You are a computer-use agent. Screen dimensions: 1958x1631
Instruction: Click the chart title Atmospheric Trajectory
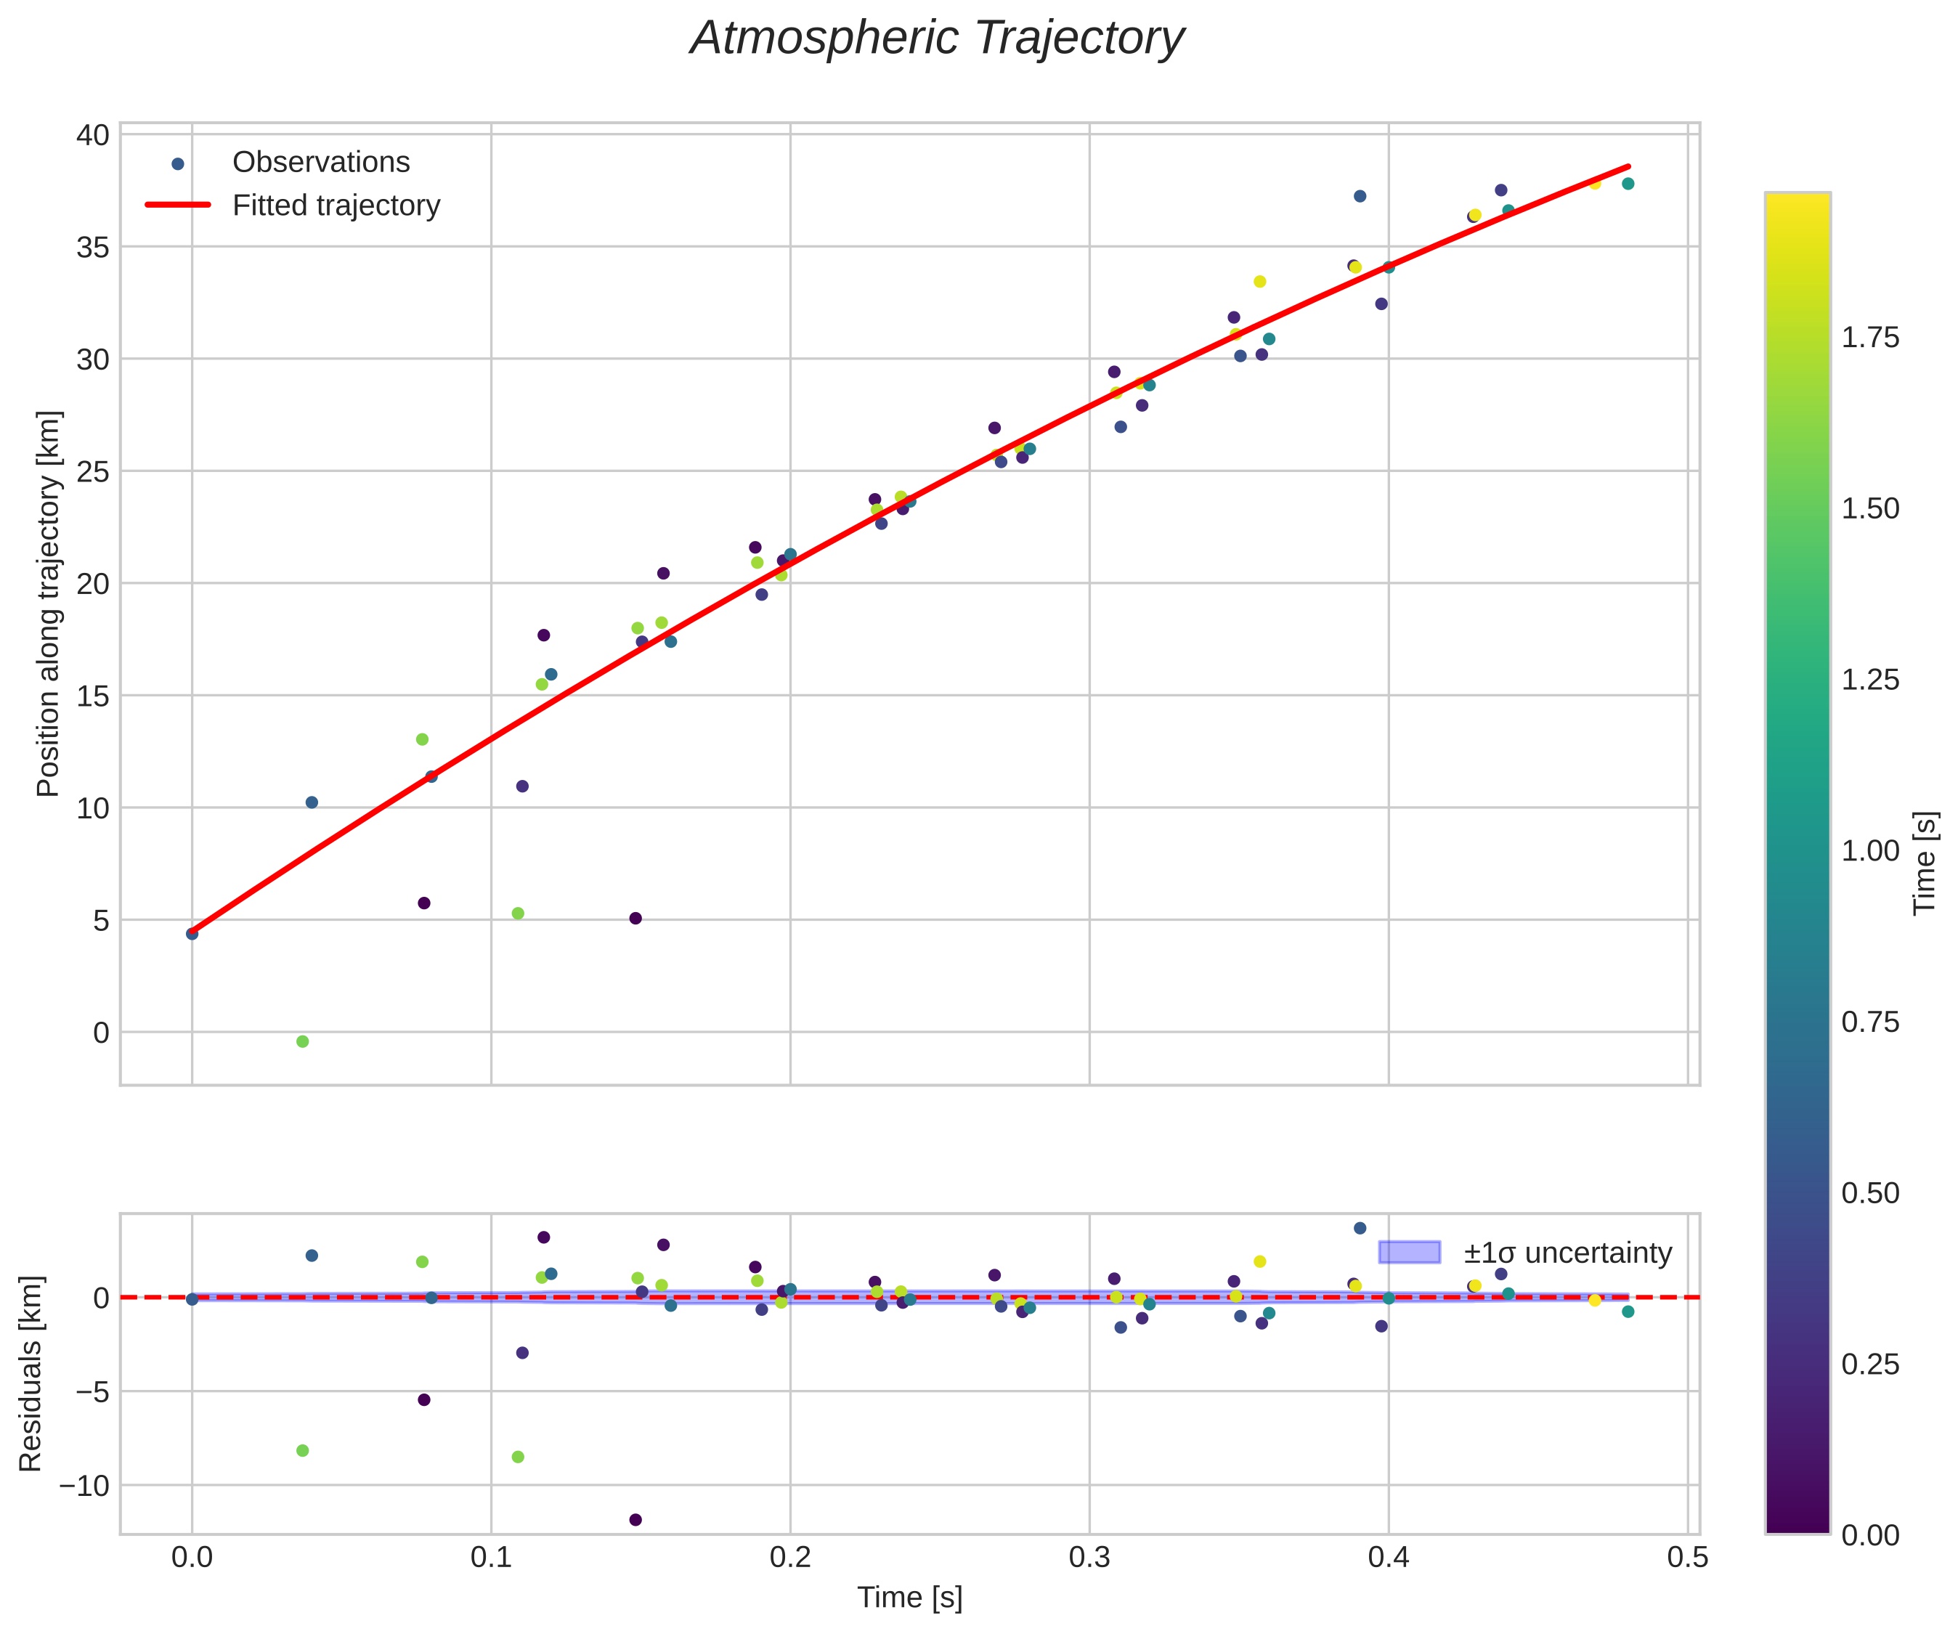point(937,39)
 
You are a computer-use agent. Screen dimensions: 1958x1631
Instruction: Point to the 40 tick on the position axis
point(93,134)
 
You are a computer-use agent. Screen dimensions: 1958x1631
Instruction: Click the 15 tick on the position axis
point(93,696)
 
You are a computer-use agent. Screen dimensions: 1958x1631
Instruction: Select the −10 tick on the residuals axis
point(84,1484)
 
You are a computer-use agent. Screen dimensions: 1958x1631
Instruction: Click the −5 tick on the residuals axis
point(92,1391)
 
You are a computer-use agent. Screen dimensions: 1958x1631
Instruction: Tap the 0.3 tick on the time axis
point(1089,1558)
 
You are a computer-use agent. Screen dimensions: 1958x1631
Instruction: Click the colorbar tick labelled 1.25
point(1869,680)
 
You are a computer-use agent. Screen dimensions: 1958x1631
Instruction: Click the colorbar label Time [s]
point(1925,863)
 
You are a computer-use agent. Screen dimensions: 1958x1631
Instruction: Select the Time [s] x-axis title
point(910,1598)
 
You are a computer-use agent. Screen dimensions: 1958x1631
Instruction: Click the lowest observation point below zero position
point(302,1041)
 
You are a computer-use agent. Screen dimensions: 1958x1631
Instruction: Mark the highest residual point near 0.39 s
point(1360,1228)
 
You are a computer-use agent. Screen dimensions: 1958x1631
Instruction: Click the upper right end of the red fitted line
point(1628,166)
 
